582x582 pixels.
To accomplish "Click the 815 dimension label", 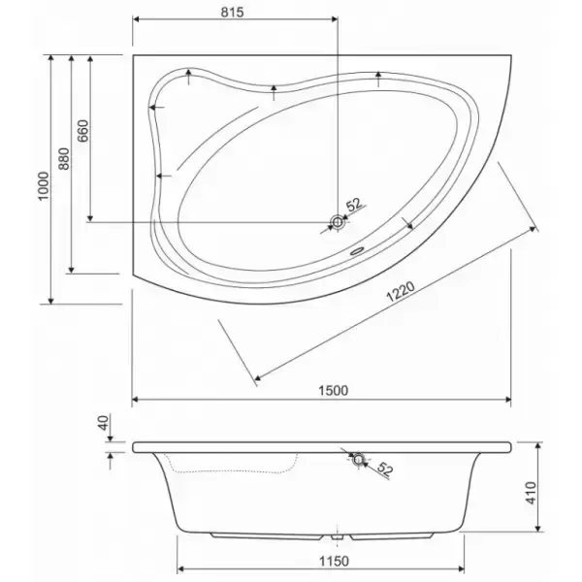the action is tap(233, 13).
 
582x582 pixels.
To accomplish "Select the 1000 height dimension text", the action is tap(44, 186).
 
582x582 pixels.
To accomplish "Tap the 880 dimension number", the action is tap(64, 159).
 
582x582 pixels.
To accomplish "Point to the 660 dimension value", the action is tap(82, 131).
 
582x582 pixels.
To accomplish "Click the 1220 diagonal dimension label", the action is tap(401, 292).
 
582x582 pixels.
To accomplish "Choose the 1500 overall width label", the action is tap(334, 391).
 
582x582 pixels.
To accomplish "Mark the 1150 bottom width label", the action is tap(334, 562).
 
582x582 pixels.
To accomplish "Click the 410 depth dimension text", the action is tap(532, 493).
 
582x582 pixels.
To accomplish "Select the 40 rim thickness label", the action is tap(104, 422).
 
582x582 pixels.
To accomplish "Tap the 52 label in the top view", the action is tap(354, 205).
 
